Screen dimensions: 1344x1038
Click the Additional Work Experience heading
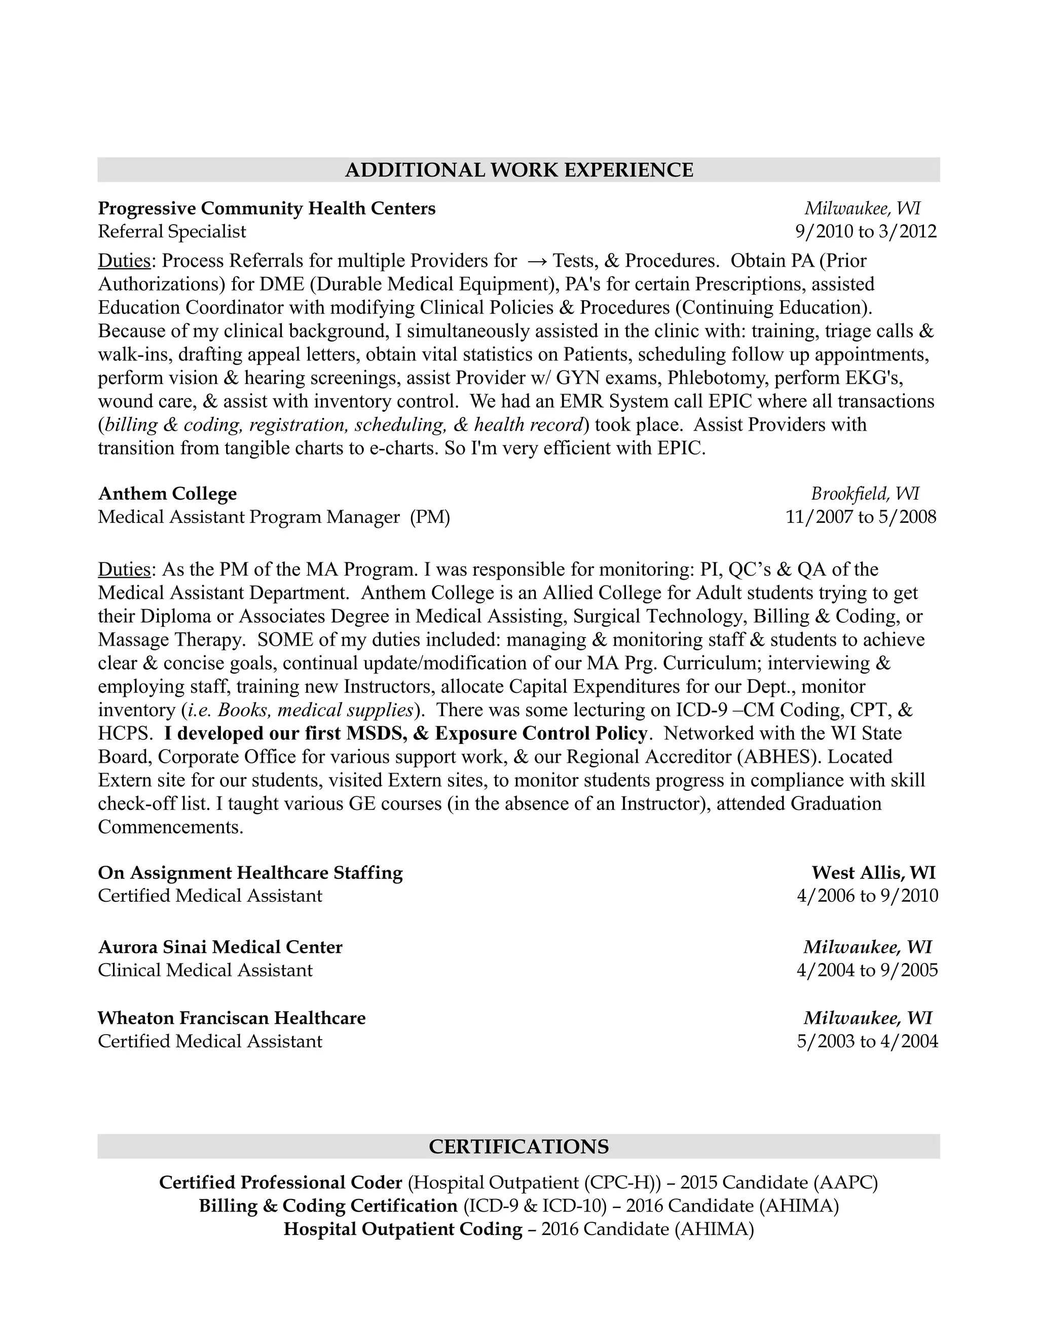coord(518,170)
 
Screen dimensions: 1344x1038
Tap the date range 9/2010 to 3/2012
coord(866,231)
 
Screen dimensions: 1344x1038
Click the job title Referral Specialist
coord(172,231)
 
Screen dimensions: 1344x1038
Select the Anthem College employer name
coord(167,493)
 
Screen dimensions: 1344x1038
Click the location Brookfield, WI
coord(865,493)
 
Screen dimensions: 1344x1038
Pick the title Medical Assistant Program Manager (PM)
coord(274,517)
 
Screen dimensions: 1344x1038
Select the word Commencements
coord(170,827)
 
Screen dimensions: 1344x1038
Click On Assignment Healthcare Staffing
coord(250,873)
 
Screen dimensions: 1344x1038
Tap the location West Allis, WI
coord(873,873)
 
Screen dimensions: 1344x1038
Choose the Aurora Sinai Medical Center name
coord(219,947)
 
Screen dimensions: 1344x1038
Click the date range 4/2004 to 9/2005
coord(867,970)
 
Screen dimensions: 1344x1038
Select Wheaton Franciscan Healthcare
coord(231,1018)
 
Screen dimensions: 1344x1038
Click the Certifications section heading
coord(518,1147)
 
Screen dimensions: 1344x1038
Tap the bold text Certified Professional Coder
coord(280,1183)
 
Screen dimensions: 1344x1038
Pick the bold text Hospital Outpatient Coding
coord(403,1229)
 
